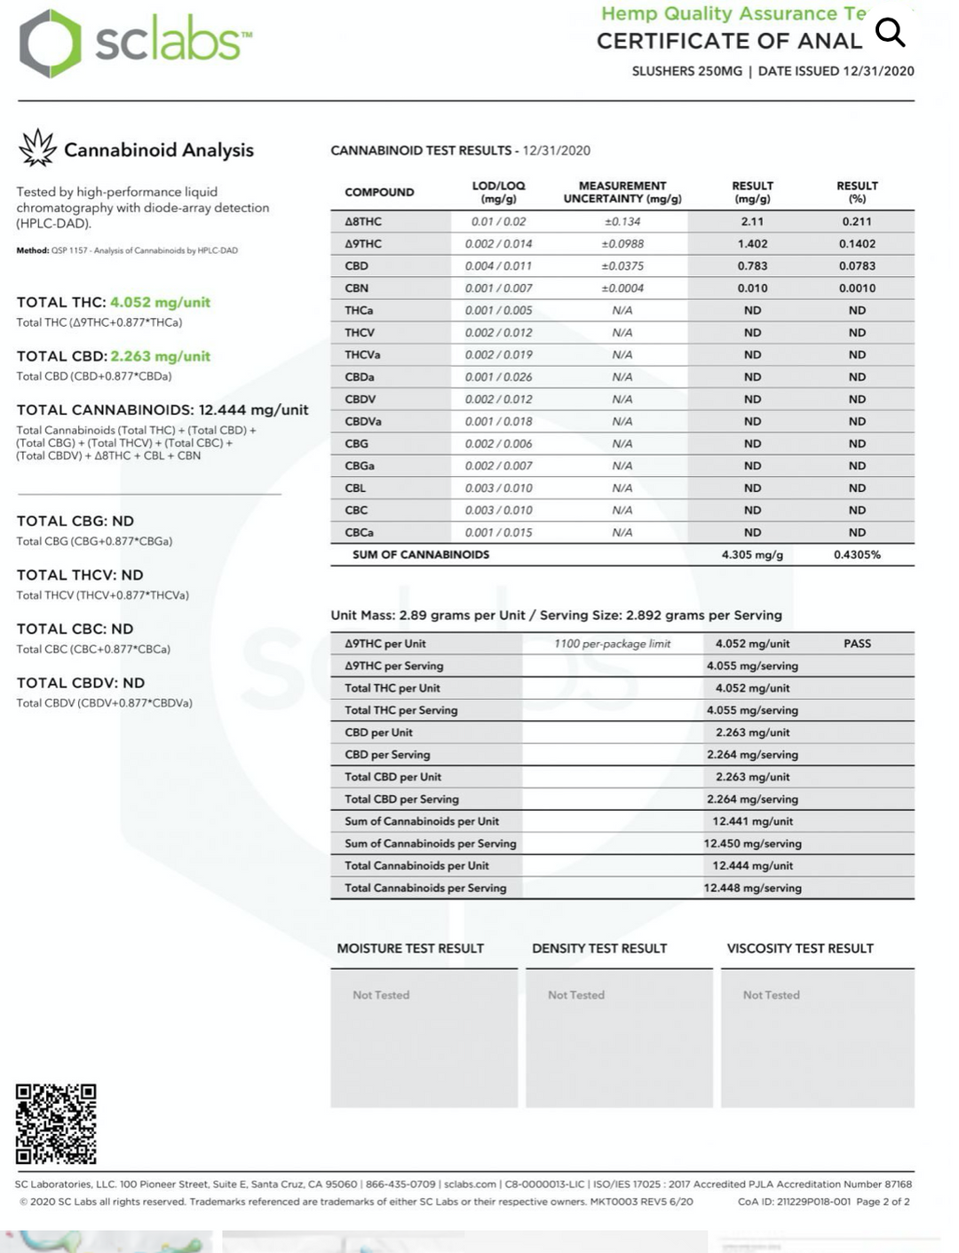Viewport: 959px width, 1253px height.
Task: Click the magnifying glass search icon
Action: [x=890, y=32]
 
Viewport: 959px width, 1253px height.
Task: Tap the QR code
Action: [x=56, y=1123]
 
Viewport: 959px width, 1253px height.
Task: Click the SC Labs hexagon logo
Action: [x=51, y=44]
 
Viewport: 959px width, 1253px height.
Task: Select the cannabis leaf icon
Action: [x=37, y=148]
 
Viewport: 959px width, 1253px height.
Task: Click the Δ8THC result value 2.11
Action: [x=752, y=222]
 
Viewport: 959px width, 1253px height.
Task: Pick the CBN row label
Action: [x=357, y=289]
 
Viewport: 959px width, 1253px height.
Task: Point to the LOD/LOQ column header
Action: [x=498, y=192]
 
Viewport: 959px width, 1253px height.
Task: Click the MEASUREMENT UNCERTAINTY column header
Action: [x=622, y=192]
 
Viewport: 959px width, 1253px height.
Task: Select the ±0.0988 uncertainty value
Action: [x=622, y=244]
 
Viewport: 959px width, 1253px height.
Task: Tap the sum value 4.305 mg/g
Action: [x=752, y=555]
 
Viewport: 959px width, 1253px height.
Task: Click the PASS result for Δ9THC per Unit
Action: [x=857, y=644]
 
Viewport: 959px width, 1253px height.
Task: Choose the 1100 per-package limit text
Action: [x=612, y=644]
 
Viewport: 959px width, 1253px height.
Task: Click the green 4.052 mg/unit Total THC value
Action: [x=160, y=303]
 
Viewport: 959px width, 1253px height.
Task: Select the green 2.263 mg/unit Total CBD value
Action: [x=160, y=357]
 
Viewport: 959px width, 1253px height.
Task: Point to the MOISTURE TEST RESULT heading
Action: [x=410, y=948]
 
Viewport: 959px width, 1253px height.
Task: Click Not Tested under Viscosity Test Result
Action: [x=771, y=995]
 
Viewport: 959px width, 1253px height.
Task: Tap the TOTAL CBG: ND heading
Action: [x=75, y=521]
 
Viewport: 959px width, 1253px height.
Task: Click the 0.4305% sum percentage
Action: [x=857, y=555]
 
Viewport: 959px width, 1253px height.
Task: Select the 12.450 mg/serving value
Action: [x=752, y=844]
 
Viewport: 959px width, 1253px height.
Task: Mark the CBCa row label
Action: [x=359, y=533]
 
